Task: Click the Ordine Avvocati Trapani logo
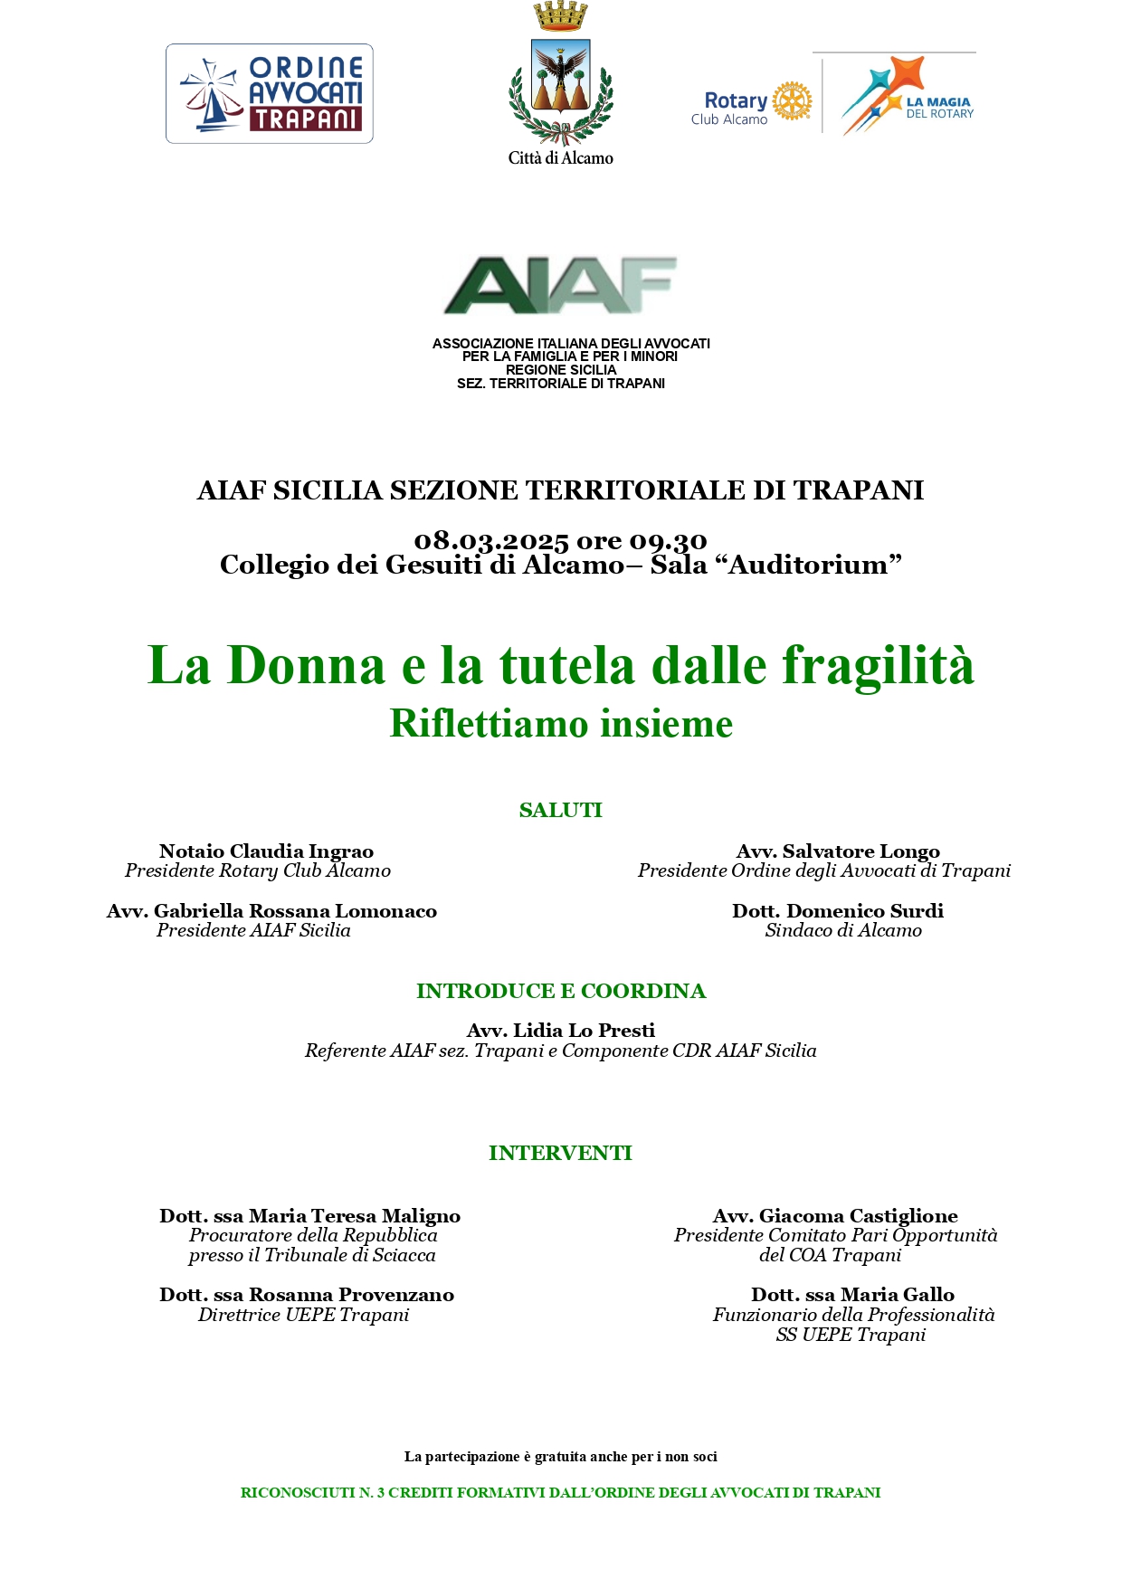coord(270,93)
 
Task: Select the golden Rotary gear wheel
coord(793,100)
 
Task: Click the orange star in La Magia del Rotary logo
coord(905,76)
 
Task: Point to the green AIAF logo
coord(561,285)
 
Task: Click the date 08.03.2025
coord(491,541)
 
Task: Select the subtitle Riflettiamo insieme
coord(561,724)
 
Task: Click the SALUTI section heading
coord(561,811)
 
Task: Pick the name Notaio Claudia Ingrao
coord(266,851)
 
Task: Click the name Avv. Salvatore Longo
coord(838,851)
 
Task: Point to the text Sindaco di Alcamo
coord(843,931)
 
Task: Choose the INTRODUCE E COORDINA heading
coord(561,992)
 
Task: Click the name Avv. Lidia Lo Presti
coord(561,1031)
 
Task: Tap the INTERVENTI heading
coord(561,1154)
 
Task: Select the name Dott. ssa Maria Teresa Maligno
coord(310,1216)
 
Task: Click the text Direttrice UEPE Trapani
coord(304,1316)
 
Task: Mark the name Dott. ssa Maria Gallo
coord(852,1296)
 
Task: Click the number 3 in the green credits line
coord(381,1493)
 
